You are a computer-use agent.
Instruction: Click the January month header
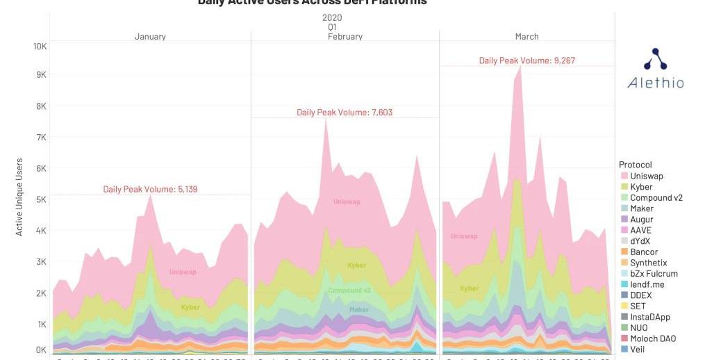(150, 36)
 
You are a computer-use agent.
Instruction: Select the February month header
(345, 36)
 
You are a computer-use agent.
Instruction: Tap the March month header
(527, 36)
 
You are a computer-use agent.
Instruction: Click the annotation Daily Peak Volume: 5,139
(150, 189)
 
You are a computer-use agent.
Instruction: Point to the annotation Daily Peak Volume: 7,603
(345, 113)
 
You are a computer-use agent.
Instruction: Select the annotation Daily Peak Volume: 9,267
(526, 61)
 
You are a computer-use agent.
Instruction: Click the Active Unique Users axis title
(19, 197)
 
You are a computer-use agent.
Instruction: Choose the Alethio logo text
(655, 83)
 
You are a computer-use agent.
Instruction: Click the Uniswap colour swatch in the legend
(624, 177)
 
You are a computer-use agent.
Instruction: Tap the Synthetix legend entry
(649, 263)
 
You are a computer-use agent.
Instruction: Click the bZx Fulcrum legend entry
(654, 274)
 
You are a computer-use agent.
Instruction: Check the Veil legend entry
(637, 350)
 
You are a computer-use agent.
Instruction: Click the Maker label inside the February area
(359, 309)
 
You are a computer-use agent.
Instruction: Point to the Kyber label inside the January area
(190, 307)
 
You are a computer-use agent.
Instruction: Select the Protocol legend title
(636, 165)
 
